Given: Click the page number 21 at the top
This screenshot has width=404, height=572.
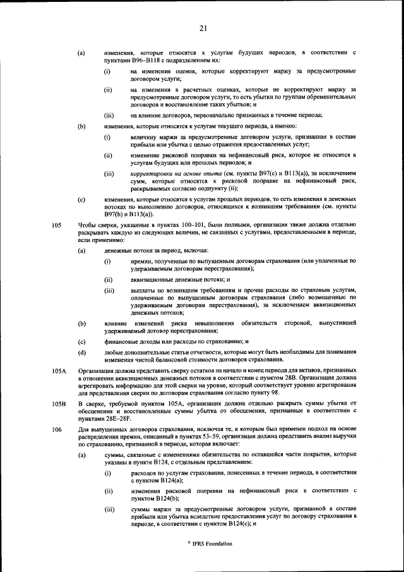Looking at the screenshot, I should coord(203,28).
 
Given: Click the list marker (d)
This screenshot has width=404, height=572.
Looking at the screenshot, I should coord(81,351).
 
